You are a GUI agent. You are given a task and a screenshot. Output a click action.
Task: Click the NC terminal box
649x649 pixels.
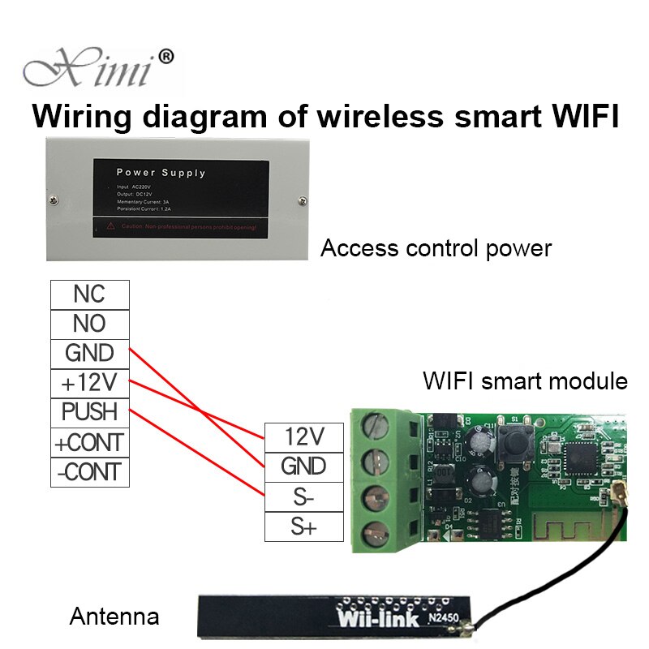(x=89, y=293)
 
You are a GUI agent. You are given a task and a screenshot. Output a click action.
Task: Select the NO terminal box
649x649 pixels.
(x=89, y=323)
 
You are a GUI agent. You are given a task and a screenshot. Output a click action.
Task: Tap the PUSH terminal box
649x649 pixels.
(x=89, y=412)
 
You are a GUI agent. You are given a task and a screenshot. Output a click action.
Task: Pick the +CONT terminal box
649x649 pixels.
(x=89, y=442)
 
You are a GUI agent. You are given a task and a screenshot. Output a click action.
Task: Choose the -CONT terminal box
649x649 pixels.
(x=89, y=471)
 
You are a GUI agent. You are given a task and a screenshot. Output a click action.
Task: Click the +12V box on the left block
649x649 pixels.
(x=89, y=382)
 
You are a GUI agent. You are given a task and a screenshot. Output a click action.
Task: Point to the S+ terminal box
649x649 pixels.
(x=303, y=527)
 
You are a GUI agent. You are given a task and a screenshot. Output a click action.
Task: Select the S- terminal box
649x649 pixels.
(x=303, y=496)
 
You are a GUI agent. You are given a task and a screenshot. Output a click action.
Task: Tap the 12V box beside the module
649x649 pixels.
(x=303, y=436)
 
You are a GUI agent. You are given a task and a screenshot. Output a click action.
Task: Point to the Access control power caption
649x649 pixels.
(x=436, y=247)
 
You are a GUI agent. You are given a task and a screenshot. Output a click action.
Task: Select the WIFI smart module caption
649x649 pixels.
(x=525, y=380)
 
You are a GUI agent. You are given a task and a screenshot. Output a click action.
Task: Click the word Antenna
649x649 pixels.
(x=114, y=617)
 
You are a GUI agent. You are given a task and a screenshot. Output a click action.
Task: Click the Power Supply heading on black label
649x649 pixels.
(x=161, y=172)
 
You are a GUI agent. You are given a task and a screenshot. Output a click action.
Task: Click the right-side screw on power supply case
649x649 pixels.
(x=302, y=196)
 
